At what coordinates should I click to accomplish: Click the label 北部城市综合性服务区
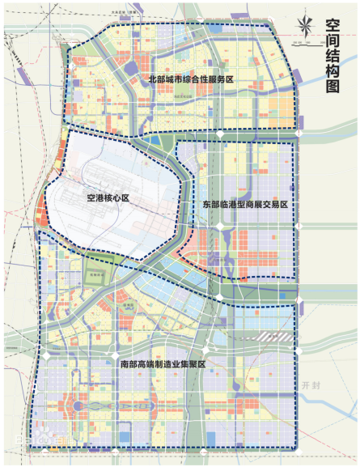coord(190,79)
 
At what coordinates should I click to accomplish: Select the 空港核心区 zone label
coord(105,196)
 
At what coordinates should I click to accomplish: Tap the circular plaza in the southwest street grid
coord(78,405)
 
